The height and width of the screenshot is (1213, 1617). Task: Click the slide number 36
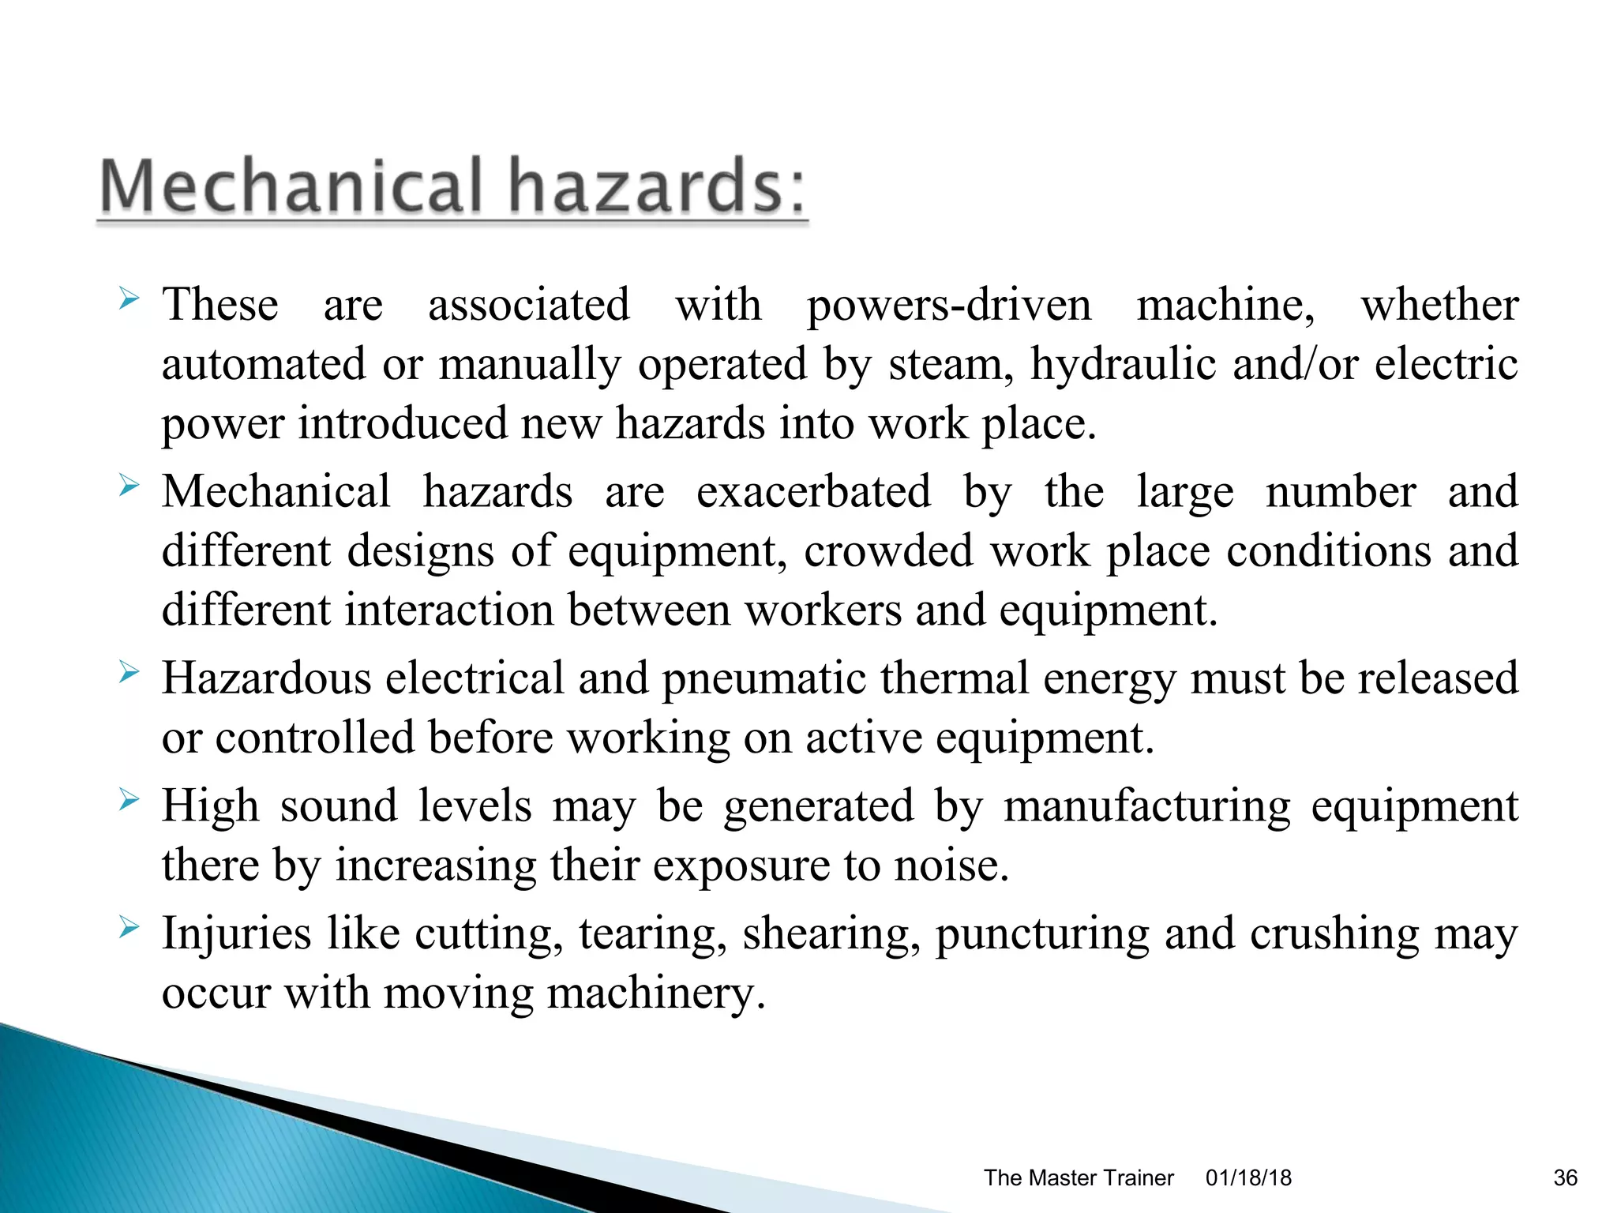click(x=1565, y=1177)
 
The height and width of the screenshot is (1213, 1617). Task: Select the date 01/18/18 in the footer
click(x=1248, y=1177)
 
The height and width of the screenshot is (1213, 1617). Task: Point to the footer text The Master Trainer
click(x=1079, y=1177)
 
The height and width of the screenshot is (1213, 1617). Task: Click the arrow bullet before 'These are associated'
click(x=129, y=299)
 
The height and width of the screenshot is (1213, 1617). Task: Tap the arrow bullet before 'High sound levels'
click(x=129, y=802)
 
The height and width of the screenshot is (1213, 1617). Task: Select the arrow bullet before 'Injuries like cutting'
click(x=129, y=929)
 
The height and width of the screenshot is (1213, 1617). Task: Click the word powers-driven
click(x=949, y=306)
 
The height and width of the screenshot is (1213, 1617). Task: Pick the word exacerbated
click(x=813, y=492)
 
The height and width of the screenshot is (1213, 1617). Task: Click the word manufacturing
click(x=1147, y=806)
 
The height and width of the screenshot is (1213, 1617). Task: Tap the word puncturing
click(x=1042, y=934)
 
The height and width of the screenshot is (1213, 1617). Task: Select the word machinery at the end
click(x=656, y=993)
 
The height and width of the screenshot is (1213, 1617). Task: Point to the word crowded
click(x=888, y=551)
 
